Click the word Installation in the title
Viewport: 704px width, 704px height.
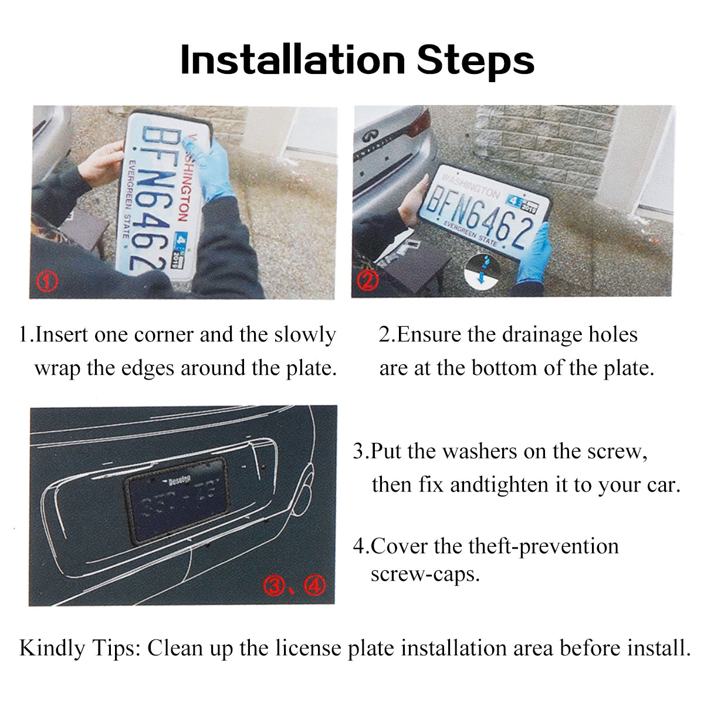pyautogui.click(x=292, y=60)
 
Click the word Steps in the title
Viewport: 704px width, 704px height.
pyautogui.click(x=475, y=61)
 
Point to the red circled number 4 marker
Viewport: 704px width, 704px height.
pyautogui.click(x=313, y=585)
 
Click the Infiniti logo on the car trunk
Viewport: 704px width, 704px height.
pyautogui.click(x=369, y=135)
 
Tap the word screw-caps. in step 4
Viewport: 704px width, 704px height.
pyautogui.click(x=425, y=574)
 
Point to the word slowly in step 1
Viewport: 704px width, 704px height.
pyautogui.click(x=305, y=334)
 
